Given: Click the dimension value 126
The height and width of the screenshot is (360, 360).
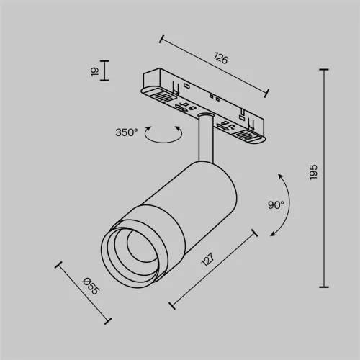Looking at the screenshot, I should (221, 60).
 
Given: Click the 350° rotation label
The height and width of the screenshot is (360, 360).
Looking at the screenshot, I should (125, 132).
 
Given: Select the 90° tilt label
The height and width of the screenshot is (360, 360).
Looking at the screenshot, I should (276, 204).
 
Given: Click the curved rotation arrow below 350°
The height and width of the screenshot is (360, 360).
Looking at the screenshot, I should (163, 135).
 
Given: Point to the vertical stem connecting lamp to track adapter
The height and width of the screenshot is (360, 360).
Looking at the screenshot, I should (203, 137).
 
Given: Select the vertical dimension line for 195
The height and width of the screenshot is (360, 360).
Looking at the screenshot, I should (323, 176).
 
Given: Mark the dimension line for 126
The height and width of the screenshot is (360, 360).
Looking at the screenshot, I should (215, 64).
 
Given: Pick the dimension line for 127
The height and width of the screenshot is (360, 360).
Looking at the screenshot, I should (214, 267).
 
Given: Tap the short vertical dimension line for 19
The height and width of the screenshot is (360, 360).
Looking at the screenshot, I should (103, 71).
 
